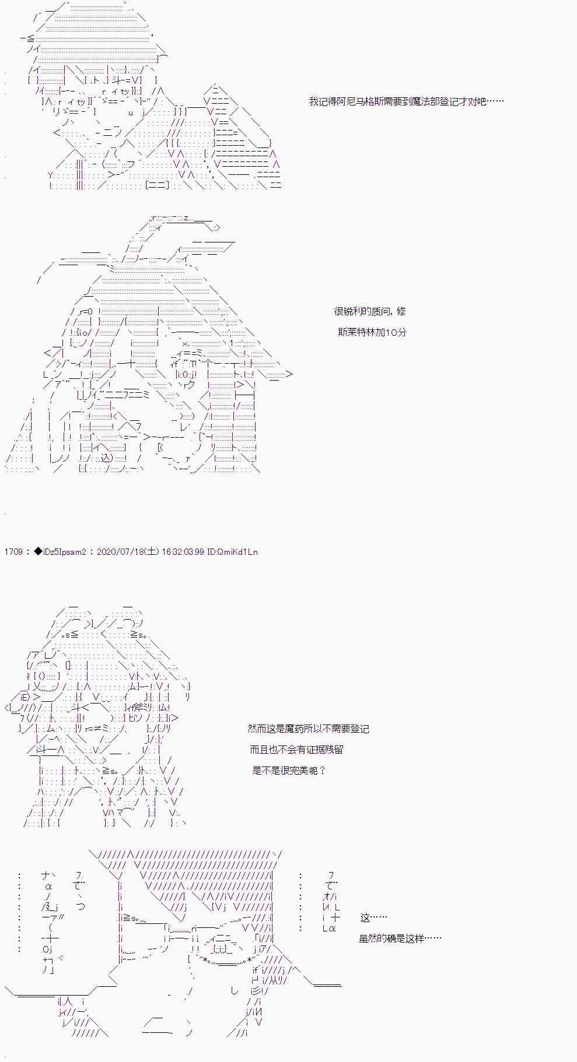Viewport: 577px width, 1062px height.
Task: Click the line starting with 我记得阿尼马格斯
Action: (406, 101)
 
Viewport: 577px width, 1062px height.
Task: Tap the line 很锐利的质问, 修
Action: (370, 311)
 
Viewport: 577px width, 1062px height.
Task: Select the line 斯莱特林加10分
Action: (372, 332)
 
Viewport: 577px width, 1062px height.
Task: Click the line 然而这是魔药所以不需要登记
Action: (308, 729)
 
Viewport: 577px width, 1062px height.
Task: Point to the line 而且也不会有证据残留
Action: (300, 750)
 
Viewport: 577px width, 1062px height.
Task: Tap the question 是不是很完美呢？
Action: (289, 771)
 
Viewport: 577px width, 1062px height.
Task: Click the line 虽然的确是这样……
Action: (400, 938)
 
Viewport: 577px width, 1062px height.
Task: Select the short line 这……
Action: (374, 917)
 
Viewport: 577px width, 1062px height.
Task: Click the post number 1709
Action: (13, 551)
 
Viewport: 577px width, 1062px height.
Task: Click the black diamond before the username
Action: (38, 551)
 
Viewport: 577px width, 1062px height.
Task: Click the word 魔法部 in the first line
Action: (426, 101)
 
